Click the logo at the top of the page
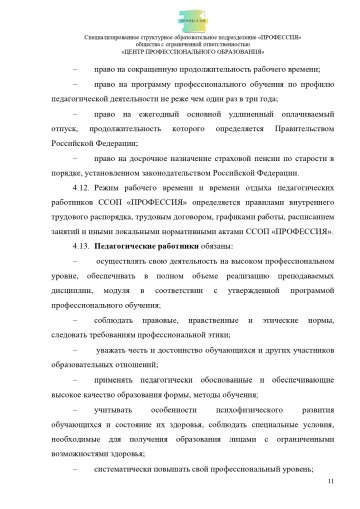point(180,17)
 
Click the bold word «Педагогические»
point(130,244)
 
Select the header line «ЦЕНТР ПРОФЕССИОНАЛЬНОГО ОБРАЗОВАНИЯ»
point(180,51)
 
